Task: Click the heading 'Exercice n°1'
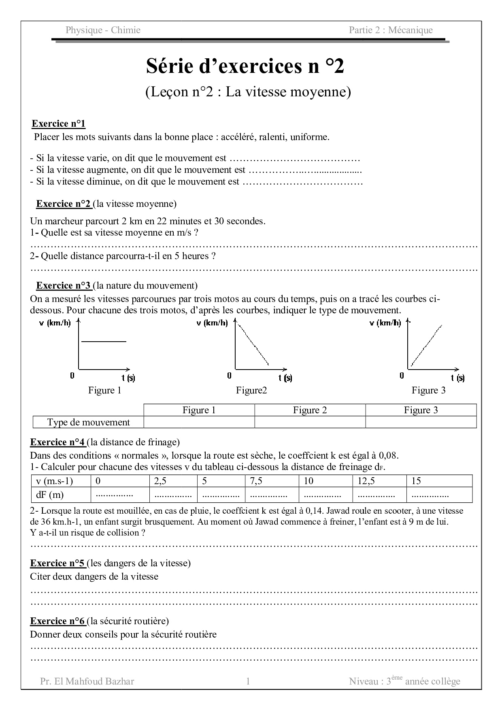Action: coord(59,124)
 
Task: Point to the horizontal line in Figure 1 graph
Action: coord(104,342)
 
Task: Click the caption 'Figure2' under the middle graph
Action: coord(251,390)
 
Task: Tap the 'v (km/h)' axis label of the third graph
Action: coord(385,323)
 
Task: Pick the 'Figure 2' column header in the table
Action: coord(310,410)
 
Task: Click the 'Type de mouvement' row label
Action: coord(88,422)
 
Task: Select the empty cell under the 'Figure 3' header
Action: coord(421,422)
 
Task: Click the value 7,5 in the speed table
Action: coord(256,481)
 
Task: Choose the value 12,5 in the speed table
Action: coord(366,481)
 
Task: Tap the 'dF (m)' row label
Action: coord(50,495)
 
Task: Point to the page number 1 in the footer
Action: coord(248,681)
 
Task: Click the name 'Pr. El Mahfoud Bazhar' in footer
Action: coord(87,681)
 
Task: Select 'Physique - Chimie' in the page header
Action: coord(103,30)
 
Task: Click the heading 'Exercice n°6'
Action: coord(58,621)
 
